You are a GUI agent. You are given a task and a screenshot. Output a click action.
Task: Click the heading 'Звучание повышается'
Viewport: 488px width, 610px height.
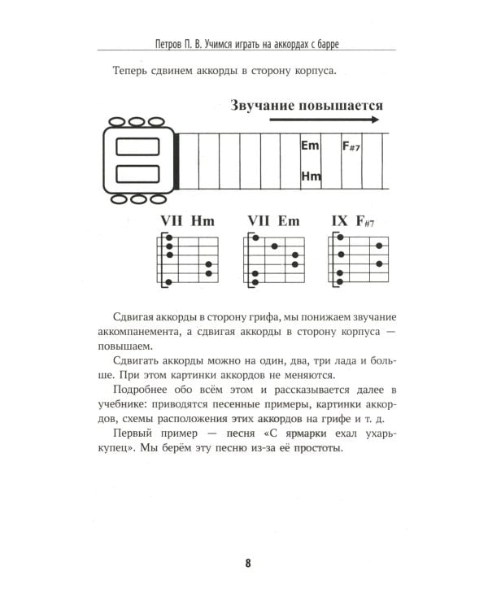(x=307, y=106)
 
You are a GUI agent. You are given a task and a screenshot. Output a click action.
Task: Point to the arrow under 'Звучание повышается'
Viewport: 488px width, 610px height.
(x=324, y=120)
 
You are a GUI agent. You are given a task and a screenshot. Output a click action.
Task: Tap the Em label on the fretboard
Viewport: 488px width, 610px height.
(x=310, y=146)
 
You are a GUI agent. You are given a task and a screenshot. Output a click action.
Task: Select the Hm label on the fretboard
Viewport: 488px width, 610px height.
(x=311, y=176)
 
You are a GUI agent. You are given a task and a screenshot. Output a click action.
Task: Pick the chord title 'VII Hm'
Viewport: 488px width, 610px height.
(x=187, y=220)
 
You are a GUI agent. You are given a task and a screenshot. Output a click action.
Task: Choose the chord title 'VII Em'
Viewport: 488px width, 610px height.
(x=272, y=220)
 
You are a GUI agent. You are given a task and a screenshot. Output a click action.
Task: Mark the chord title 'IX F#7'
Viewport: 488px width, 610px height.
(x=353, y=220)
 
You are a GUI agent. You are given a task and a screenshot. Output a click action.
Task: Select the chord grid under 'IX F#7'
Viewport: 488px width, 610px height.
(x=358, y=259)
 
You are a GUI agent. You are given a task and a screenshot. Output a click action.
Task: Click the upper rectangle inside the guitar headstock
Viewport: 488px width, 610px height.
(x=136, y=146)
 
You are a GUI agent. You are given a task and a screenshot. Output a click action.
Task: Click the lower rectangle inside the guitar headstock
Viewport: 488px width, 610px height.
(x=136, y=174)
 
